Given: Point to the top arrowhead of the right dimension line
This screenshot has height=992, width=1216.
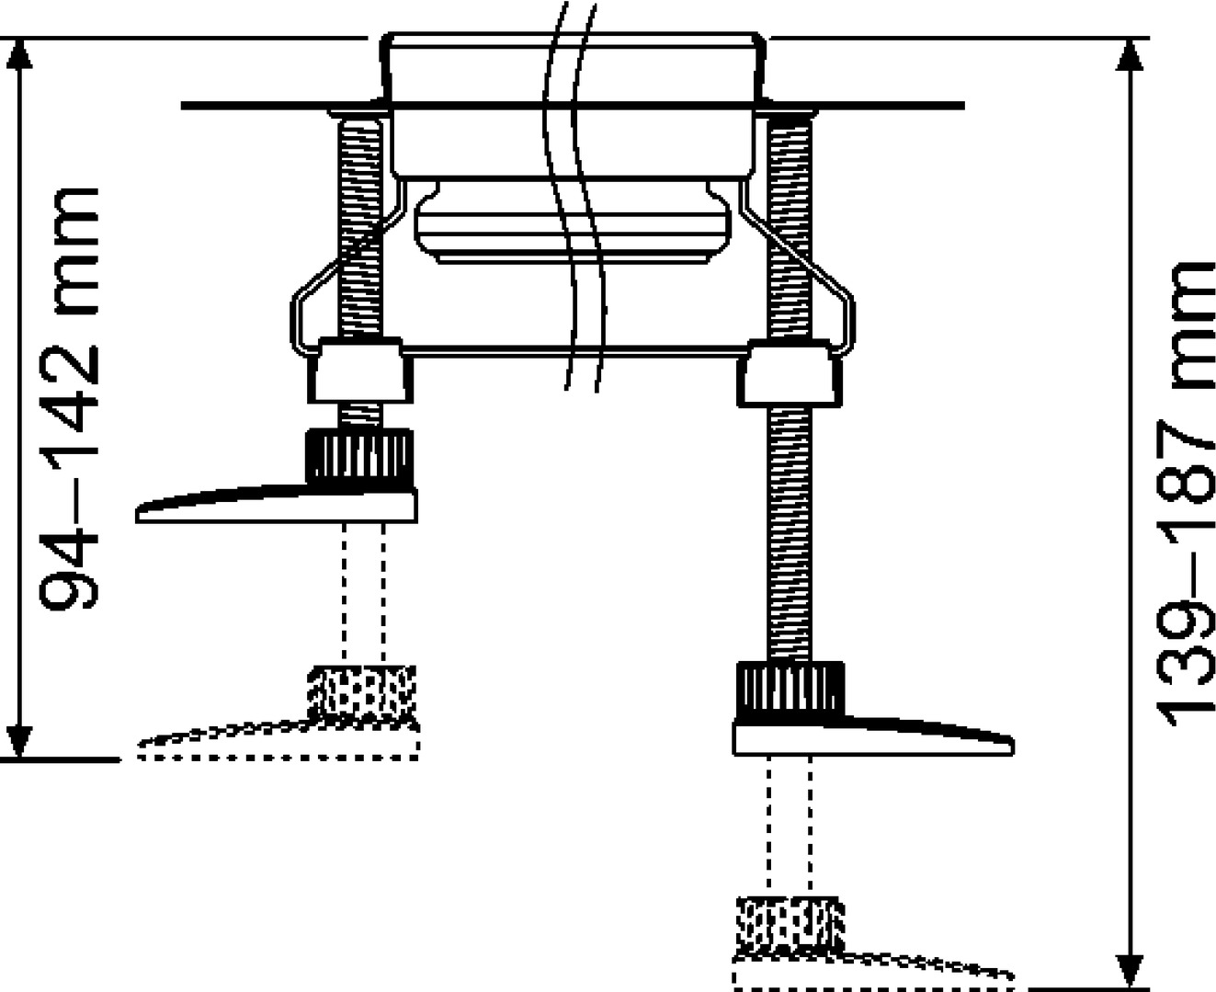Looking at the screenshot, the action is point(1131,55).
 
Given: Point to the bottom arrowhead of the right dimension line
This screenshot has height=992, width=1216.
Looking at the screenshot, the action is point(1131,971).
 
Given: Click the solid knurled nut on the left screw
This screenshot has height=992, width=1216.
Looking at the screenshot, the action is point(359,459).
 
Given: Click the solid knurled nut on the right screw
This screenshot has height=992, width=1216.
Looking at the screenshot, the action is point(790,691).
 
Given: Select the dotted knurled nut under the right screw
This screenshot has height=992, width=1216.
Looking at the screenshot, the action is point(790,925).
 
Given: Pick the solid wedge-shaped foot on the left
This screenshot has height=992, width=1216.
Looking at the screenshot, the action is point(277,505).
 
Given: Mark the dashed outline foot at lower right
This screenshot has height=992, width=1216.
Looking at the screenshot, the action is point(873,972).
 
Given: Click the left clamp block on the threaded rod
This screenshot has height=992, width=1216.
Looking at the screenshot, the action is point(359,371).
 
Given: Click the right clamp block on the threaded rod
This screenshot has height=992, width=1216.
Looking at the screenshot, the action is point(790,374).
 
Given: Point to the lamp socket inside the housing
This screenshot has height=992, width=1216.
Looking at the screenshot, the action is point(574,223).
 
